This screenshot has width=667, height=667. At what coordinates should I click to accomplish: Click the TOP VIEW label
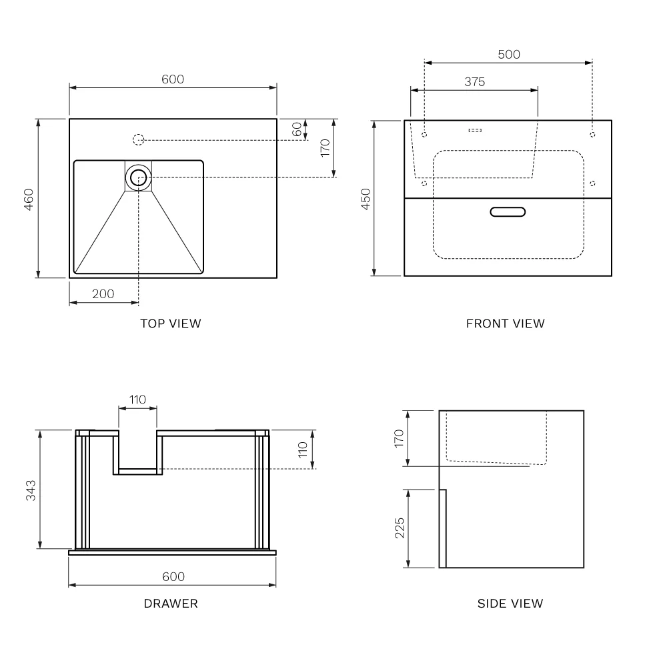(170, 323)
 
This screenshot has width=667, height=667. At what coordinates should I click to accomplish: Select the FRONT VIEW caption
(505, 323)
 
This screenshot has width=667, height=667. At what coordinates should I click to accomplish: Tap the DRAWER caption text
(171, 604)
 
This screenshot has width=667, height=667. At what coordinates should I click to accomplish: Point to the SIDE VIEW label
(510, 604)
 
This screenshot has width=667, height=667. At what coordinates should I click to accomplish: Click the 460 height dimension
(28, 199)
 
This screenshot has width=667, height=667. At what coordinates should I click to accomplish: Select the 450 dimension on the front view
(366, 199)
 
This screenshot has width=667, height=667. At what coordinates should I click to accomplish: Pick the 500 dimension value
(508, 55)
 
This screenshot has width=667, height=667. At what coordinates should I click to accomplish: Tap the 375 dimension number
(474, 82)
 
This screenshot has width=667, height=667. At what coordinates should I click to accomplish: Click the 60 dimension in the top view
(297, 129)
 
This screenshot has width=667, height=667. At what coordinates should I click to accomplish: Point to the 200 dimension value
(103, 293)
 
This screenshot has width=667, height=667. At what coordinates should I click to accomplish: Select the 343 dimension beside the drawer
(31, 490)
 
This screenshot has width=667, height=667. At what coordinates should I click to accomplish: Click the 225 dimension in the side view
(399, 528)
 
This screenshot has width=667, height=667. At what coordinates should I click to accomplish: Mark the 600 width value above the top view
(173, 79)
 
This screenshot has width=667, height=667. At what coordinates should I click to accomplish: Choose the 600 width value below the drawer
(173, 577)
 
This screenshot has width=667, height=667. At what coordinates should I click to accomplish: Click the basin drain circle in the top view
(139, 177)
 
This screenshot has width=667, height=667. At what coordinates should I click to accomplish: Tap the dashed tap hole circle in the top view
(138, 140)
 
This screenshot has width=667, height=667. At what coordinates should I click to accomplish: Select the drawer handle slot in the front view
(508, 212)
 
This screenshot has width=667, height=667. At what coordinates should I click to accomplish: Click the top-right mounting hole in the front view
(592, 135)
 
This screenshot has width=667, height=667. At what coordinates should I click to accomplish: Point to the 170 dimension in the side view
(399, 438)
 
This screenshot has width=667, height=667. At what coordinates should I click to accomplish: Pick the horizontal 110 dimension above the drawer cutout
(137, 400)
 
